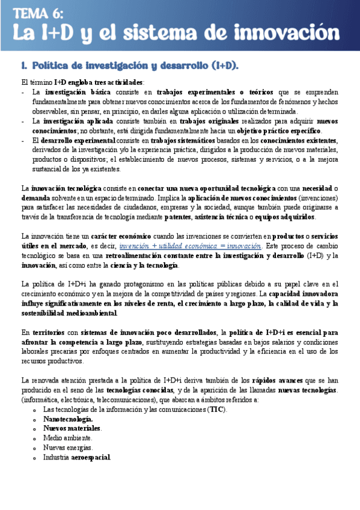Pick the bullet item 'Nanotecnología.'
coord(68,419)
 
